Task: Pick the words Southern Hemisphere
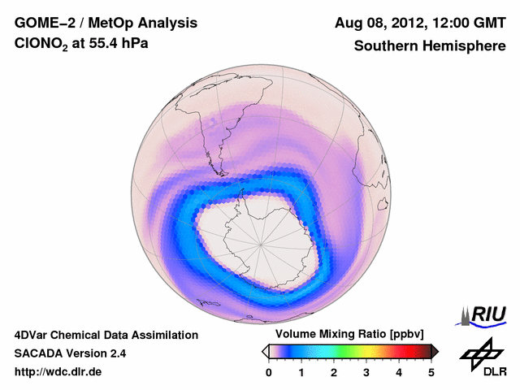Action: pos(430,46)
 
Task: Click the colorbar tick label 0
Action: pos(269,372)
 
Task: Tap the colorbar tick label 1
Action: pos(301,372)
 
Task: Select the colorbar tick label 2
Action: pos(334,372)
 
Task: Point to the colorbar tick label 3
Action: pos(366,372)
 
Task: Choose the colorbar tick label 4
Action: pos(399,372)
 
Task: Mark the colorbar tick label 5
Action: pos(431,372)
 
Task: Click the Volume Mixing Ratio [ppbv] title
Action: pos(345,335)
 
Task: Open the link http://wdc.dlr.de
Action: pos(58,372)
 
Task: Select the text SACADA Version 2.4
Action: pos(70,353)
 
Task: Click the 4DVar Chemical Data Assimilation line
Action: pos(106,335)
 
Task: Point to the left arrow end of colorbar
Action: pos(265,351)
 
